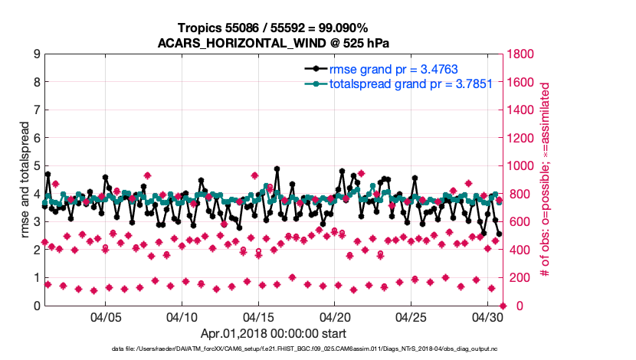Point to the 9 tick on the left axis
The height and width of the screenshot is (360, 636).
[36, 54]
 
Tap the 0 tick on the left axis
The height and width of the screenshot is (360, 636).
[36, 306]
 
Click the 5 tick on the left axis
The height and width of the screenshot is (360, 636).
[36, 166]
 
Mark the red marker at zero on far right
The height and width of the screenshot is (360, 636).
[503, 306]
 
